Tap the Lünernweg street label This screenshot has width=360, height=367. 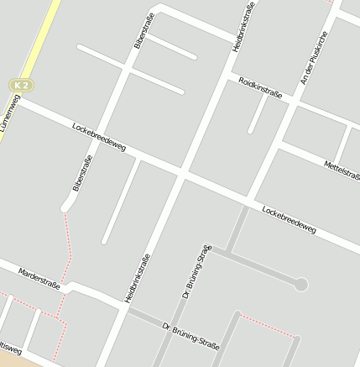coord(11,118)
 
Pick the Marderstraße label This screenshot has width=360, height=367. coord(39,279)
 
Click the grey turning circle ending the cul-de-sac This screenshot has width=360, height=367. coord(301,285)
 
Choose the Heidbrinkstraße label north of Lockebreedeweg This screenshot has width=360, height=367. coord(243,29)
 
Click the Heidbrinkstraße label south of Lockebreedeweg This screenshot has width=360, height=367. coord(138,278)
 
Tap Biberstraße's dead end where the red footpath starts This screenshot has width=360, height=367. coord(65,207)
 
